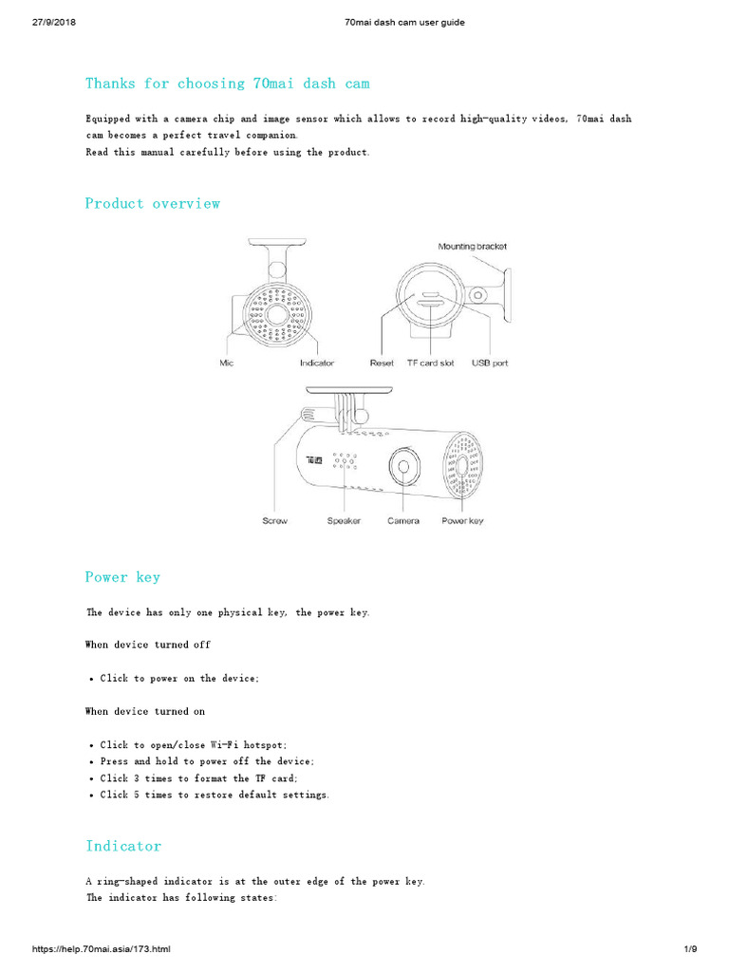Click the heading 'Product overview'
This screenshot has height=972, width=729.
point(153,203)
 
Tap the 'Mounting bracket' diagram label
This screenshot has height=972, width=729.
point(472,247)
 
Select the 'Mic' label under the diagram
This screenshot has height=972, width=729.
point(226,363)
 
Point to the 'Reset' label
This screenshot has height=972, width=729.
point(382,363)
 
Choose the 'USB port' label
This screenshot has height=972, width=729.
point(490,363)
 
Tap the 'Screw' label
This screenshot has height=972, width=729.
point(275,520)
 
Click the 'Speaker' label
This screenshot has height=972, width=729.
point(344,520)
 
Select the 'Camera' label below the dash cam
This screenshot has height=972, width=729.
point(403,520)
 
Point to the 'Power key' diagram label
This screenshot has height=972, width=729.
point(463,520)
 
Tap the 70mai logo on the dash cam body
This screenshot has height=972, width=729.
point(314,461)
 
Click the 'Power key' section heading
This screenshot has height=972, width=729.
point(122,577)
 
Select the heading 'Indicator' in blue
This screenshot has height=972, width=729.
point(123,846)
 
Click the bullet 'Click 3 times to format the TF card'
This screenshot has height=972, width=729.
point(206,777)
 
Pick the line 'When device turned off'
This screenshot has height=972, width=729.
point(147,645)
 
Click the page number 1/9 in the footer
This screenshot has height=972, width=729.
point(690,949)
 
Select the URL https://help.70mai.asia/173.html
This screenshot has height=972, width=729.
point(102,949)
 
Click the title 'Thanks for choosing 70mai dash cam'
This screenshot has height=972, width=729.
point(228,84)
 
